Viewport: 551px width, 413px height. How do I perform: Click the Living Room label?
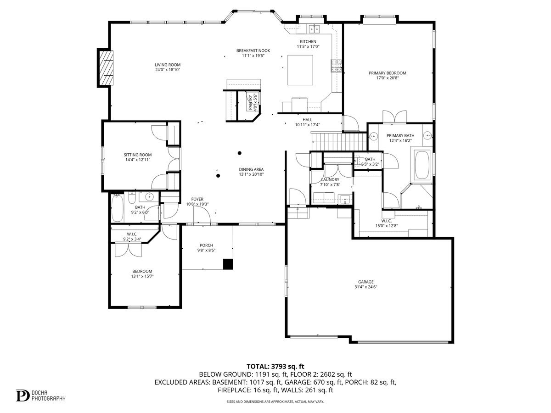point(167,65)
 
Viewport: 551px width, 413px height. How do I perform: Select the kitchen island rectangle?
point(300,70)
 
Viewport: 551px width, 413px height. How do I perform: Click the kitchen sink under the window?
point(315,29)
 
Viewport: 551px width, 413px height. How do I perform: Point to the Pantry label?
point(251,102)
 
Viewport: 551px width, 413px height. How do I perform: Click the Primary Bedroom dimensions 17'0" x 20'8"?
point(387,78)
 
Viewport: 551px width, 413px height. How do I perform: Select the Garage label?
point(366,282)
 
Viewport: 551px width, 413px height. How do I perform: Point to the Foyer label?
point(197,199)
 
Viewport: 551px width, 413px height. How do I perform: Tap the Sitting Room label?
point(137,155)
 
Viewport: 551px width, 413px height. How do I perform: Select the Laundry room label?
point(330,179)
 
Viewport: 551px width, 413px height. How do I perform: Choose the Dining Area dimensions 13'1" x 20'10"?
point(251,174)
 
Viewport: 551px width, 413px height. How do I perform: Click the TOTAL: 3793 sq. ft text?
point(275,366)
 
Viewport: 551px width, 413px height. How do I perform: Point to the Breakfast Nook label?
point(253,50)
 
